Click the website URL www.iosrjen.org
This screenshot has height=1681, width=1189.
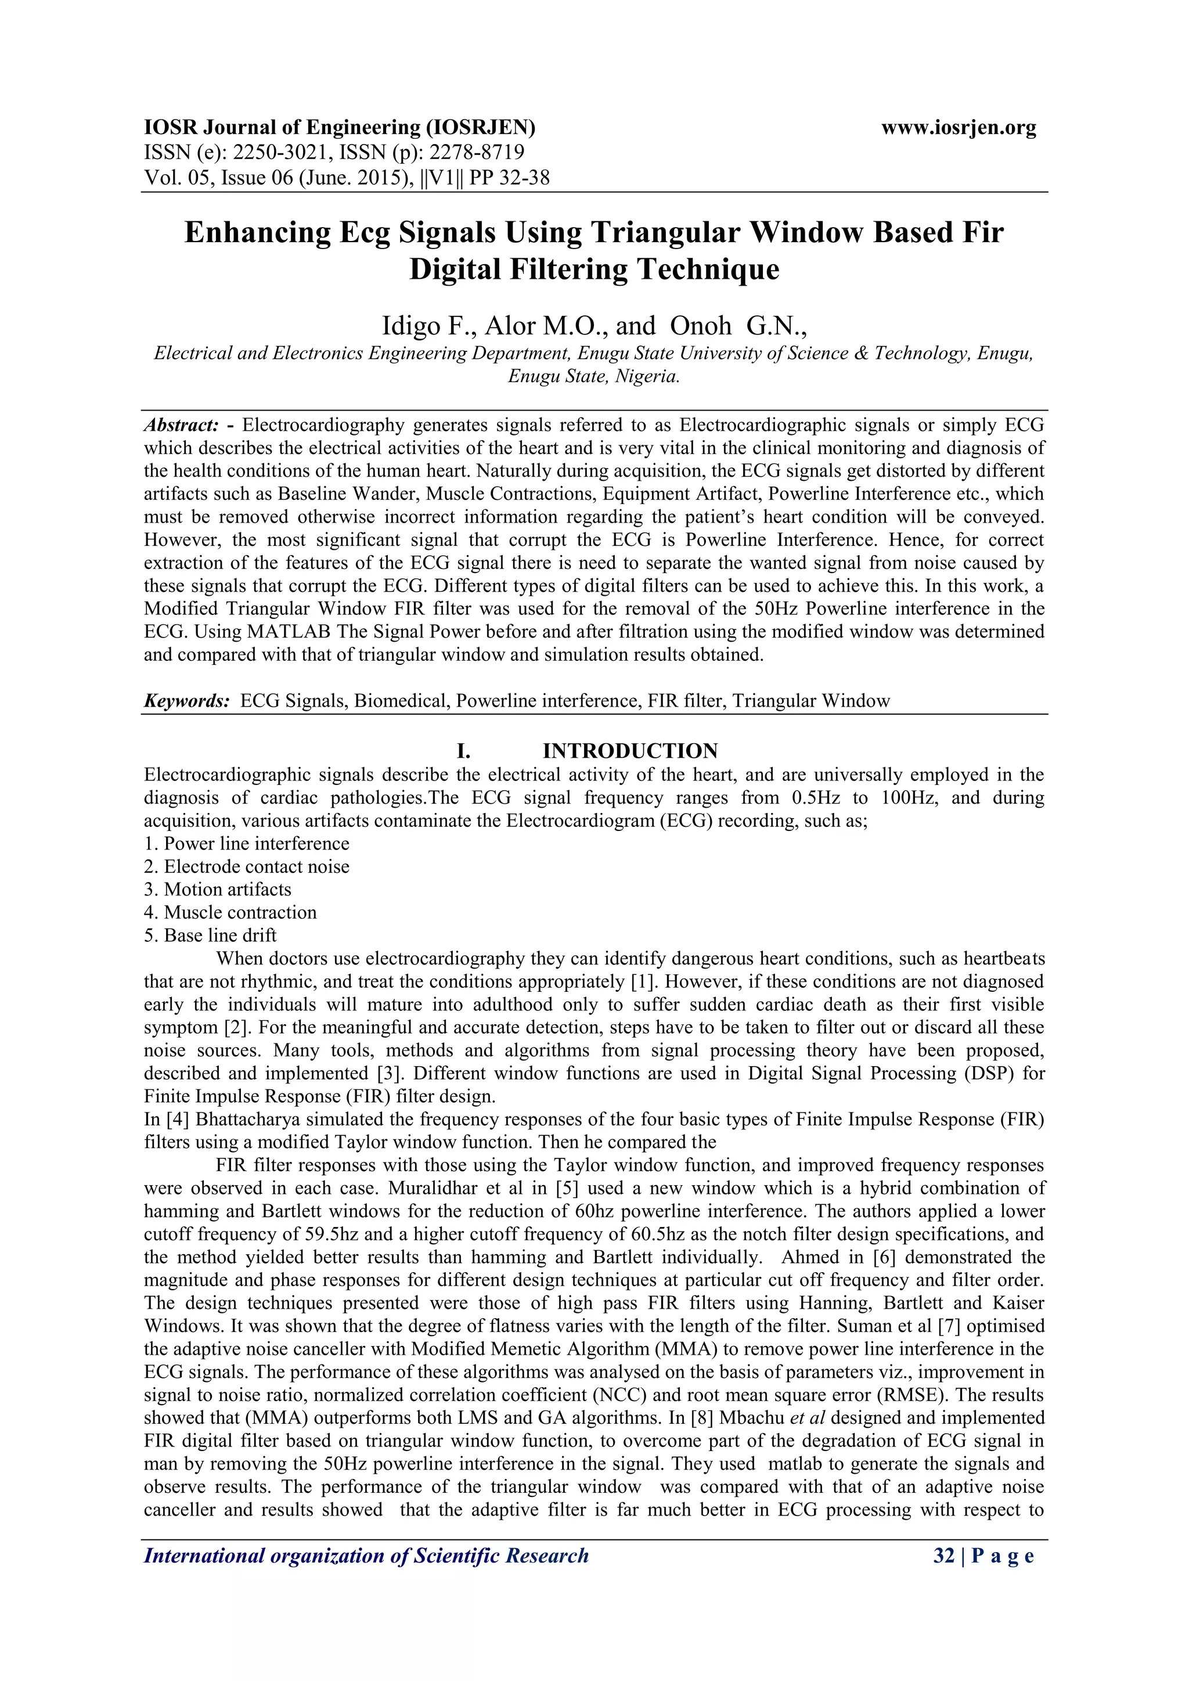coord(959,128)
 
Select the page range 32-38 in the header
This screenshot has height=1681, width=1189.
coord(521,177)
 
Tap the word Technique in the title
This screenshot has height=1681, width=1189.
coord(707,269)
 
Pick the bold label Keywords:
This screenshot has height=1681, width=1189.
coord(187,701)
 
